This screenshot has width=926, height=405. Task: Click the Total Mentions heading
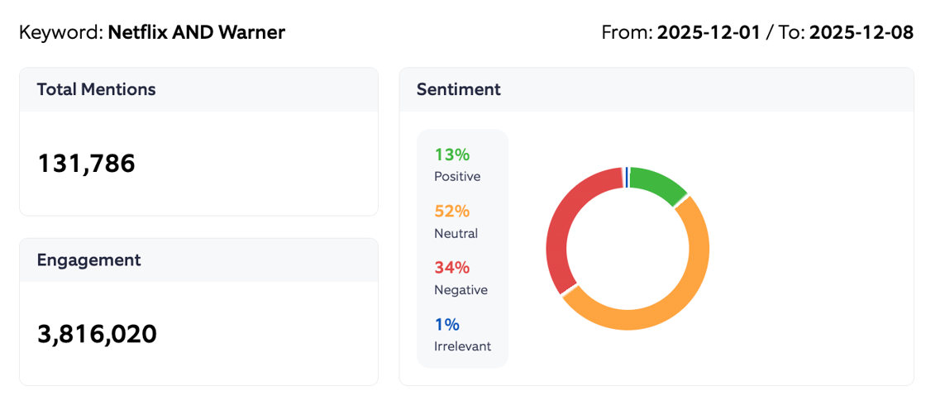tap(96, 89)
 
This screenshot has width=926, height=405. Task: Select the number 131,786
tap(86, 164)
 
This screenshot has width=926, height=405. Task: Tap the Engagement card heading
tap(88, 260)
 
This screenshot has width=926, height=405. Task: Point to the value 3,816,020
tap(97, 334)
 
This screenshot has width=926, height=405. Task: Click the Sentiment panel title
tap(458, 89)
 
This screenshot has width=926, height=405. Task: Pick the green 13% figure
tap(451, 155)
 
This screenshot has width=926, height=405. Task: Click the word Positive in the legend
tap(456, 176)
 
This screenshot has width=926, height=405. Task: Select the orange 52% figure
tap(451, 211)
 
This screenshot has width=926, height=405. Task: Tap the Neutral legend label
tap(456, 233)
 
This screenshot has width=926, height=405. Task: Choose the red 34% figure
tap(451, 267)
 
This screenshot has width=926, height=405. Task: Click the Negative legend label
tap(461, 289)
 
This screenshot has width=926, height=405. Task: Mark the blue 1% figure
tap(446, 324)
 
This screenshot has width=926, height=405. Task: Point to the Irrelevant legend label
tap(462, 345)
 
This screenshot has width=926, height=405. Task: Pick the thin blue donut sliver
tap(627, 177)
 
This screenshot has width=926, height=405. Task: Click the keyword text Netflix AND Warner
tap(196, 32)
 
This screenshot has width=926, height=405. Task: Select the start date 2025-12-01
tap(708, 32)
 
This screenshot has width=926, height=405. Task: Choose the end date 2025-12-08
tap(861, 32)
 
